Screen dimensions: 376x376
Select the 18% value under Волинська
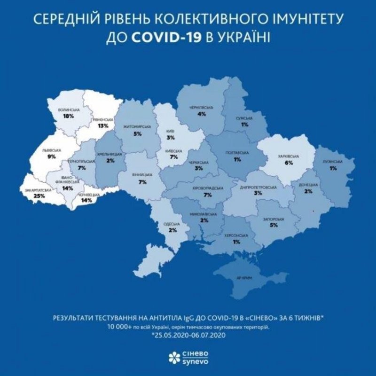(x=69, y=116)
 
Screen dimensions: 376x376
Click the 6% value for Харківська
(x=289, y=163)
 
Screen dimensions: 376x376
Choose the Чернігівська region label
(x=202, y=108)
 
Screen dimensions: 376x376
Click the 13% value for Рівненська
(x=103, y=126)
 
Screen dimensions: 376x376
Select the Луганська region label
(x=332, y=162)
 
